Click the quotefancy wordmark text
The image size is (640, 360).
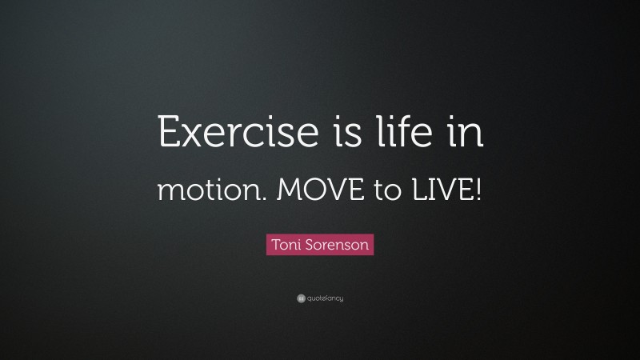324,299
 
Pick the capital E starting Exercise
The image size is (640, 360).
170,132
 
